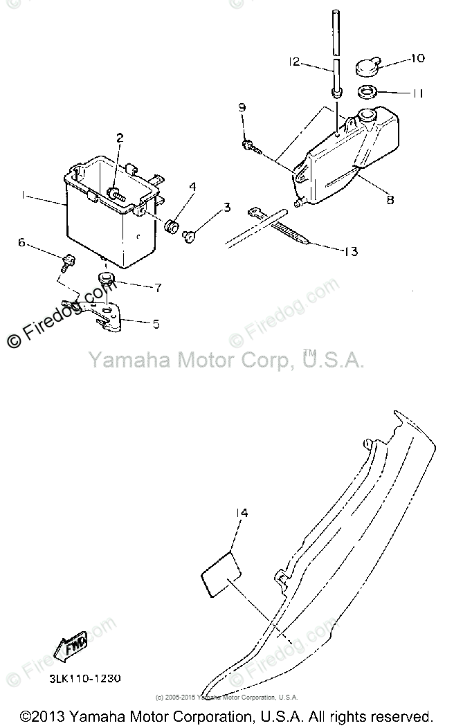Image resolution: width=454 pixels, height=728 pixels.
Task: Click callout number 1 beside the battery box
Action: point(23,197)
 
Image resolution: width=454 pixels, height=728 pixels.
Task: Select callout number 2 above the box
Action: point(120,138)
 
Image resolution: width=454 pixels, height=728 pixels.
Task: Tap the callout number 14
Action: point(241,513)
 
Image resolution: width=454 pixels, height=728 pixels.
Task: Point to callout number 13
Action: point(351,251)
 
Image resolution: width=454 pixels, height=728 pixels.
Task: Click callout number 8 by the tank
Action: point(390,201)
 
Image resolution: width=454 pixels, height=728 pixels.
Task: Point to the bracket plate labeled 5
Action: point(105,312)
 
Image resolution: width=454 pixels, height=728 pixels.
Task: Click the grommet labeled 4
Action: point(171,225)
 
